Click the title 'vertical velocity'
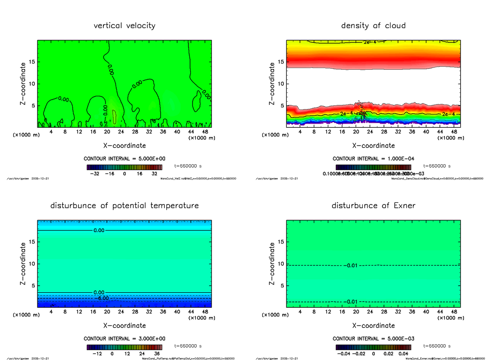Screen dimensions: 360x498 [124, 26]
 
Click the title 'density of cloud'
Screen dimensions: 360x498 [373, 26]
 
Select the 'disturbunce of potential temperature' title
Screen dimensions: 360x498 [124, 206]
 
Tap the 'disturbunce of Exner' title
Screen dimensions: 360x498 [373, 206]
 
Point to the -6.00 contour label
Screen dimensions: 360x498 [103, 298]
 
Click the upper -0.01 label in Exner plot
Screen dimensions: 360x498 [351, 265]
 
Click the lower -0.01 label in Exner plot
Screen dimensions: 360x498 [351, 302]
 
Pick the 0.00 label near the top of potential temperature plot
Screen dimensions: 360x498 [99, 230]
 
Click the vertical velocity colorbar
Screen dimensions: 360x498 [124, 167]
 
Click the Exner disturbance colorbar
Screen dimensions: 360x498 [373, 347]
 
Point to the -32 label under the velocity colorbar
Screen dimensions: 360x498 [96, 174]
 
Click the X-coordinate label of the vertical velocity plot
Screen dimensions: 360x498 [124, 146]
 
